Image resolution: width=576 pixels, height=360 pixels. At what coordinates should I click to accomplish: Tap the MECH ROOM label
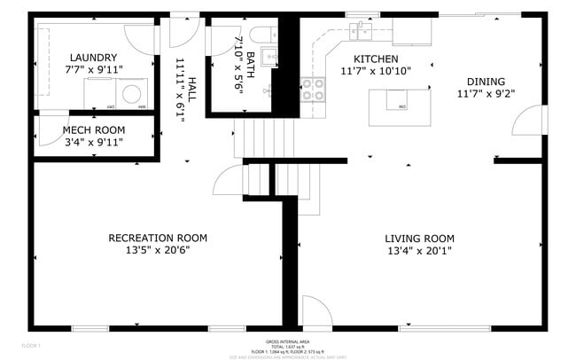tap(92, 129)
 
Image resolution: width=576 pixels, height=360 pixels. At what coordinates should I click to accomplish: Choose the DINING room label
tap(485, 79)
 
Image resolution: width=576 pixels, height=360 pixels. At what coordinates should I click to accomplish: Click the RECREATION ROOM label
tap(157, 238)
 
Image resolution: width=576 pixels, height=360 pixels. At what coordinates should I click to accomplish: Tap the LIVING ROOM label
tap(418, 238)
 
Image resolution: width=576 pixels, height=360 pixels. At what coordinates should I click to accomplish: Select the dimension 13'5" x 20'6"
tap(157, 250)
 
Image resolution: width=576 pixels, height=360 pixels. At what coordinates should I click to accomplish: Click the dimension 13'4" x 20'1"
tap(418, 250)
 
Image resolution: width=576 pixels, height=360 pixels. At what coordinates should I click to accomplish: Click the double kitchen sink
tap(362, 32)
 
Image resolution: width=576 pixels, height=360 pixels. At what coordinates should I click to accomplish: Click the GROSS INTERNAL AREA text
tap(287, 341)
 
